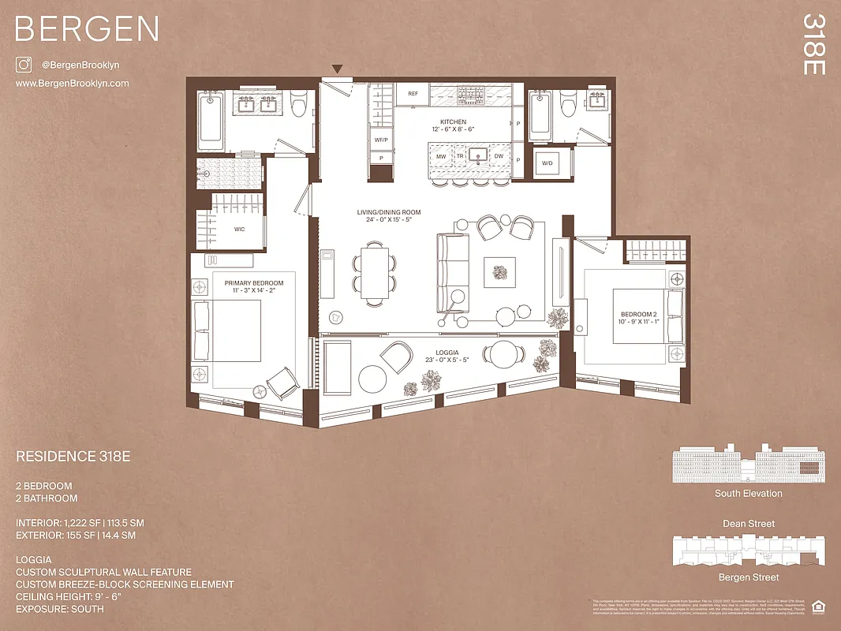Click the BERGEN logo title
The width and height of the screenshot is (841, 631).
point(87,29)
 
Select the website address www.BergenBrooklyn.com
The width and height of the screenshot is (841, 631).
point(72,83)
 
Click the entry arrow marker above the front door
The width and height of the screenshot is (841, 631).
point(338,69)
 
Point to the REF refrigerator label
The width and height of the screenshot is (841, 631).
point(412,93)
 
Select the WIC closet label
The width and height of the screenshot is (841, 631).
point(240,230)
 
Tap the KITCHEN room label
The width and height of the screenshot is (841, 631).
point(453,121)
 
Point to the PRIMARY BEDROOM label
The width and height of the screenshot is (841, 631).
point(253,282)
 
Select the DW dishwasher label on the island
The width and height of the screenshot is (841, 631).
point(499,156)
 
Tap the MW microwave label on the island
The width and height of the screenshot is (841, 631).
point(441,156)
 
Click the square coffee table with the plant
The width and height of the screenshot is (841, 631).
point(500,273)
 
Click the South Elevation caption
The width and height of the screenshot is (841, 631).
point(748,494)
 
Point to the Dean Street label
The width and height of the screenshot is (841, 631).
point(749,524)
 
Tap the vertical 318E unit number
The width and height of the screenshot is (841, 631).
point(813,44)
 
